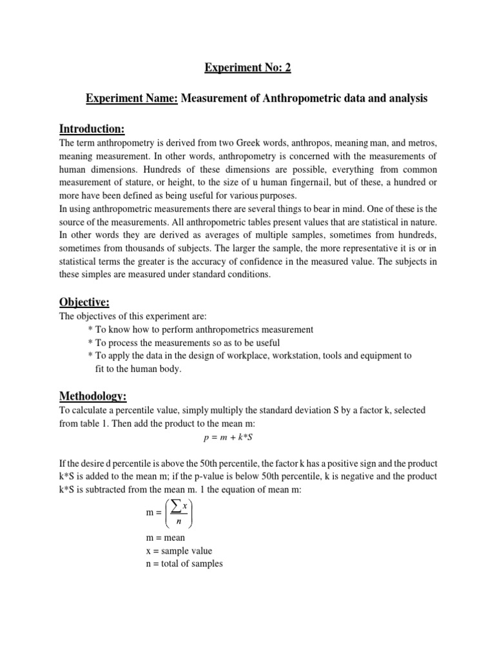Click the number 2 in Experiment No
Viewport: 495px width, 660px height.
click(287, 68)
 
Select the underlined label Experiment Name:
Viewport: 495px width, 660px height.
click(133, 99)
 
